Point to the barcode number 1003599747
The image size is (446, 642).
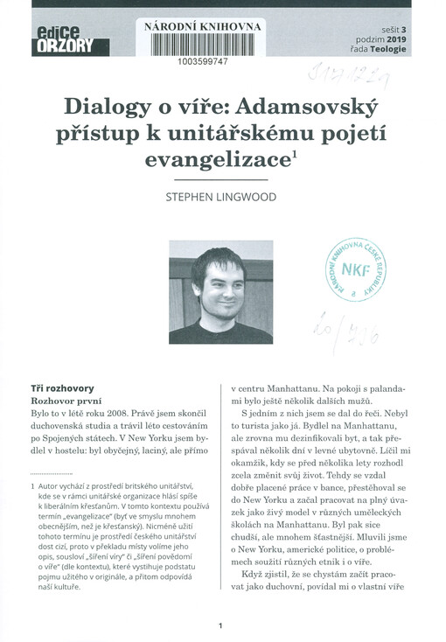click(202, 63)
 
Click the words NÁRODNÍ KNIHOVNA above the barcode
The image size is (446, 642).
click(202, 27)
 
